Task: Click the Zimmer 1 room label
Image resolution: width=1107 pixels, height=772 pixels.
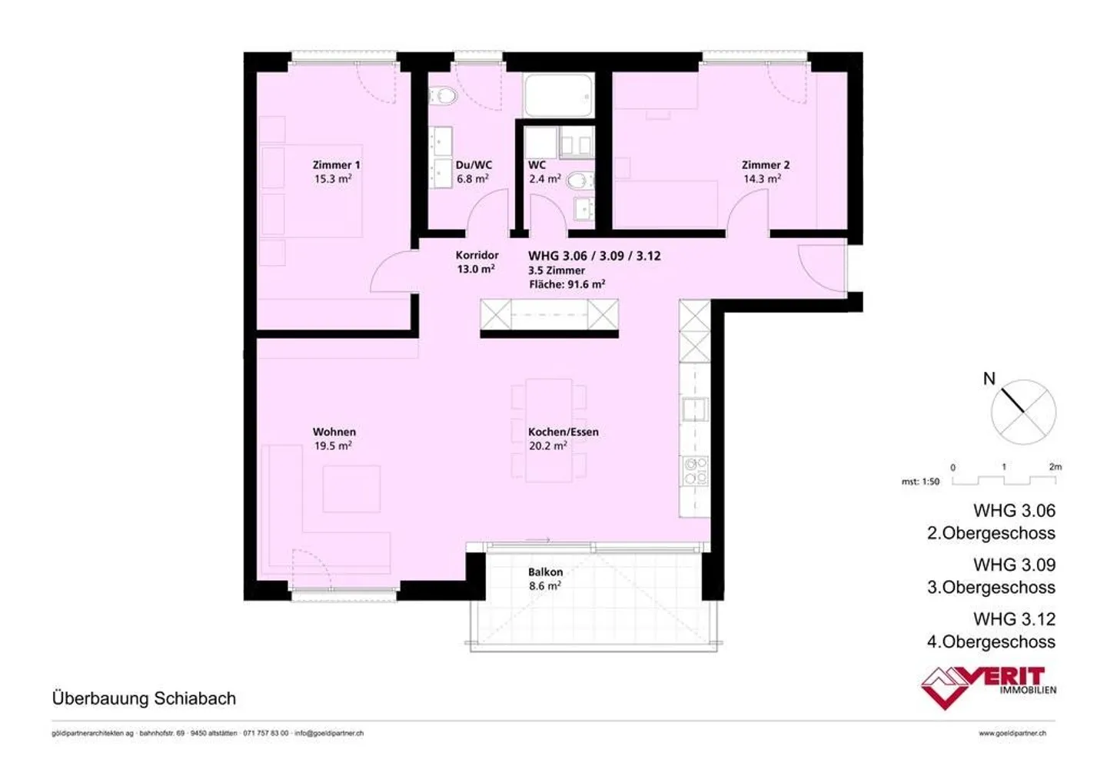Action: point(336,165)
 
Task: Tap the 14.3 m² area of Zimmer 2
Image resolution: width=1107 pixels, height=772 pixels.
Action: point(762,179)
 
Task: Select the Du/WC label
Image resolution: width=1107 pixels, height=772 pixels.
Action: point(474,165)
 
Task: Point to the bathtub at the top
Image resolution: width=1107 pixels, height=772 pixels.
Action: point(558,95)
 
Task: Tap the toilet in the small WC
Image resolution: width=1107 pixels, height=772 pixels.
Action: point(580,181)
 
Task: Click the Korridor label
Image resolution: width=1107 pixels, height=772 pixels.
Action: point(477,255)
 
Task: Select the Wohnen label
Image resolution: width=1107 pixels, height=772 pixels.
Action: point(334,432)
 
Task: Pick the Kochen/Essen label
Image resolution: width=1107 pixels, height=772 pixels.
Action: point(563,432)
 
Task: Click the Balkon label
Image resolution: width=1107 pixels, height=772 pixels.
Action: point(545,572)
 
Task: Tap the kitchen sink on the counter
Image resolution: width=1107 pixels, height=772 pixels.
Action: point(695,409)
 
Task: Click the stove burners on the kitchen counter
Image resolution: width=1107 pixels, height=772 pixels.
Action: point(695,470)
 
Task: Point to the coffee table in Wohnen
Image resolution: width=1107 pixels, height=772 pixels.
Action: point(351,489)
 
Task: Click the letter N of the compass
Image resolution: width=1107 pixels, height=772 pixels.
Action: point(989,379)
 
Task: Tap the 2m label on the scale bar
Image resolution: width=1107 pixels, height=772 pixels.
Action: point(1055,467)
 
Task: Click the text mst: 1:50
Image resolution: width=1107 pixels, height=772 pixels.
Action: point(920,482)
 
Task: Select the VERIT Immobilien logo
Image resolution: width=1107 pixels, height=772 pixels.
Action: point(988,685)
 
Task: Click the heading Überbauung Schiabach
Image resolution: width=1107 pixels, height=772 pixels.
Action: point(144,699)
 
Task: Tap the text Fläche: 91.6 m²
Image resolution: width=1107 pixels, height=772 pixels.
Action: point(567,284)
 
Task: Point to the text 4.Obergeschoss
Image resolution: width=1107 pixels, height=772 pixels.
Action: point(991,642)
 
